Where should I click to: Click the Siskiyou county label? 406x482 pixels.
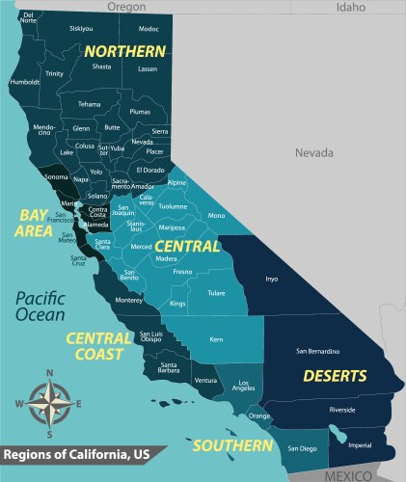tap(81, 29)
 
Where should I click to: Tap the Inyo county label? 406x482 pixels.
tap(271, 281)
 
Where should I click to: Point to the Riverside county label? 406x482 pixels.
tap(342, 410)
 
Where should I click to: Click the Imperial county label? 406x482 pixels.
tap(359, 444)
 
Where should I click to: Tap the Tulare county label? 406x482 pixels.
tap(216, 294)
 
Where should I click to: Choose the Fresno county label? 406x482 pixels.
tap(182, 272)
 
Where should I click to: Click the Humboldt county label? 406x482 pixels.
tap(24, 82)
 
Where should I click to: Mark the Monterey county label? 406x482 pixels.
tap(128, 300)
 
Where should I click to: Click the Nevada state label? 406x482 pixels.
tap(313, 153)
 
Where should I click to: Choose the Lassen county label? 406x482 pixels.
tap(148, 69)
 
